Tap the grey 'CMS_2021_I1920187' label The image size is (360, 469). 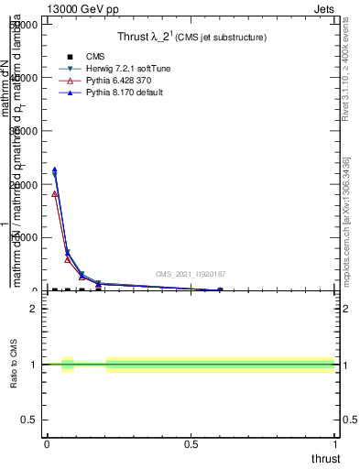190,274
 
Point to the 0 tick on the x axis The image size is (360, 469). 47,444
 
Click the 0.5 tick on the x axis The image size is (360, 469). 191,444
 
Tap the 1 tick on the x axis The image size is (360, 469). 334,444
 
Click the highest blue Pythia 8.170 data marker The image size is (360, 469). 54,169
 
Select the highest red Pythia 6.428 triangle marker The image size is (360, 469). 54,194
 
